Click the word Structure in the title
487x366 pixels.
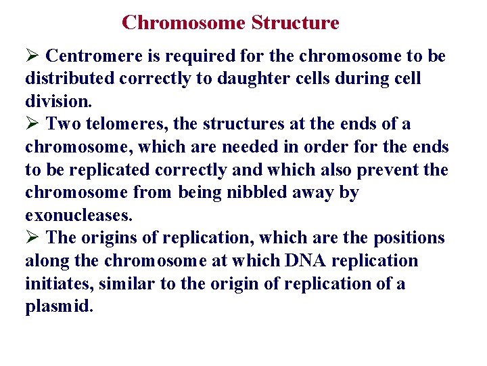coord(295,22)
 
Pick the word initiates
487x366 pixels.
coord(53,283)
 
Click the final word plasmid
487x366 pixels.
coord(59,306)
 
